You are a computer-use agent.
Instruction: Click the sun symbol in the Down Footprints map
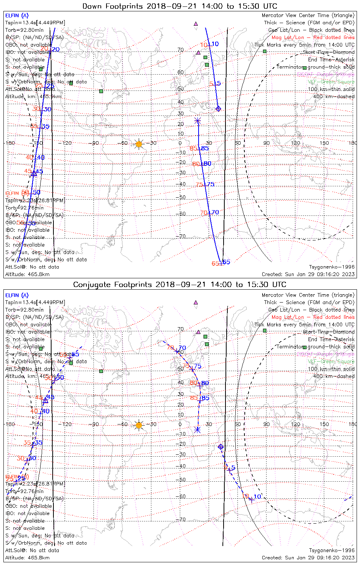point(139,144)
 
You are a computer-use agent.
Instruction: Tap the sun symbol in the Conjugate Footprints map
point(139,425)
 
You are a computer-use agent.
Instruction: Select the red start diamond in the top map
point(218,109)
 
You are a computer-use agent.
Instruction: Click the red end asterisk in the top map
point(197,121)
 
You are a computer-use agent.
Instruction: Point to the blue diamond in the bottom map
point(221,447)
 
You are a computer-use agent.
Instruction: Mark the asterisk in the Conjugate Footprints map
point(197,430)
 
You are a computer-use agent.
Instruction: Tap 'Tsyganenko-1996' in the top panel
point(332,267)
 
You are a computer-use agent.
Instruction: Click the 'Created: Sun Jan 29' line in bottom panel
point(308,558)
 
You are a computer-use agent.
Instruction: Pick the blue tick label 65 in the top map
point(226,262)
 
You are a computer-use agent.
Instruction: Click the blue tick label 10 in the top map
point(215,44)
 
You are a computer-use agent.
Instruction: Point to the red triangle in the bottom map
point(45,400)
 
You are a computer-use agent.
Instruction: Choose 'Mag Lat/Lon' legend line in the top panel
point(313,37)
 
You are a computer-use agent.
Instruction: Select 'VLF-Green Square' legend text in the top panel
point(331,82)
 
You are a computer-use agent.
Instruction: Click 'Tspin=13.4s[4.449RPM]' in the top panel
point(35,23)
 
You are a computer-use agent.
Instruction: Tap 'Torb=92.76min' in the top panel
point(24,208)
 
